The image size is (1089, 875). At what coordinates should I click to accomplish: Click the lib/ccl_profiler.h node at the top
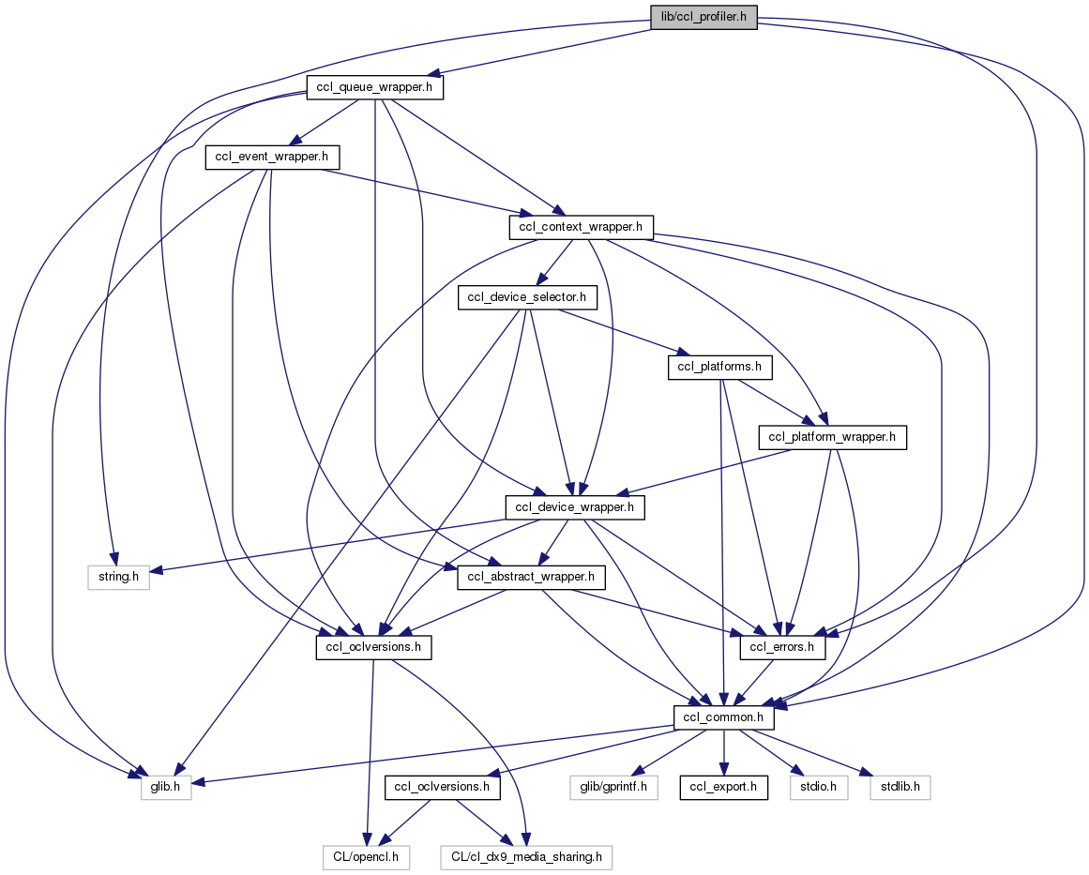(703, 17)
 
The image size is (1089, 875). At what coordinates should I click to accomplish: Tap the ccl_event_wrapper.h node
(272, 157)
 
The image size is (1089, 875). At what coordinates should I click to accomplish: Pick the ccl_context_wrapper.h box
(581, 226)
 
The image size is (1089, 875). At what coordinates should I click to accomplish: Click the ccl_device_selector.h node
(526, 297)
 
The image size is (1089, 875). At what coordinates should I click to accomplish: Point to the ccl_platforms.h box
(720, 367)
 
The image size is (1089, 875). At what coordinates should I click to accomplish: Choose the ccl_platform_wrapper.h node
(832, 437)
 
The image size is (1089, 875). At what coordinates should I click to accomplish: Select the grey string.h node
(113, 577)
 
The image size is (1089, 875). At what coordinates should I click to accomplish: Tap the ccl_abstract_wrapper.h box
(530, 577)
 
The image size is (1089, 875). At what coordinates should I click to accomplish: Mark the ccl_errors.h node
(783, 647)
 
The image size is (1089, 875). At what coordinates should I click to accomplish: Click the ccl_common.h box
(724, 717)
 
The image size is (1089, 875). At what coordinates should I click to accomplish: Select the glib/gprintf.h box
(613, 787)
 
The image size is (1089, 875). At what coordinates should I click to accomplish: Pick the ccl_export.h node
(724, 787)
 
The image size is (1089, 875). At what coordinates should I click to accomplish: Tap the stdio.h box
(819, 787)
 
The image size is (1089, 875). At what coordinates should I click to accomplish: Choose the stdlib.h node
(900, 787)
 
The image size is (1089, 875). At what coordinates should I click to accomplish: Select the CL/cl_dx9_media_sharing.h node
(527, 856)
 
